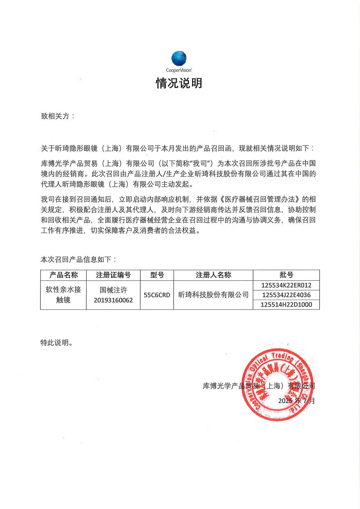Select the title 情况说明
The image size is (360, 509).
tap(179, 83)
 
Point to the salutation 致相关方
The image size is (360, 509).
tap(58, 116)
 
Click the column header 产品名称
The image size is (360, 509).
tap(64, 275)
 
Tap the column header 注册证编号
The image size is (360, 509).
tap(113, 275)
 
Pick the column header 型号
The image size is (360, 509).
tap(157, 275)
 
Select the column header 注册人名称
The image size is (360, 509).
tap(213, 275)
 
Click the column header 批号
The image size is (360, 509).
tap(286, 275)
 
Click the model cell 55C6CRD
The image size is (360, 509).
tap(157, 295)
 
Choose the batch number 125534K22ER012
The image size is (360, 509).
tap(286, 285)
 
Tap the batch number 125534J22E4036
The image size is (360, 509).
tap(286, 295)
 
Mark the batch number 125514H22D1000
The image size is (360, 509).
tap(286, 305)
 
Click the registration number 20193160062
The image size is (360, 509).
tap(113, 300)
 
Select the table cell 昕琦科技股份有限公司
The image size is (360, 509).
tap(213, 295)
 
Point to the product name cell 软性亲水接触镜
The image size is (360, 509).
tap(64, 294)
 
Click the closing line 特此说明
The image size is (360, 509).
tap(57, 343)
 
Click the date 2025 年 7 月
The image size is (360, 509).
tap(296, 401)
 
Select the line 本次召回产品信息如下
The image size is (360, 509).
tap(78, 259)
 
